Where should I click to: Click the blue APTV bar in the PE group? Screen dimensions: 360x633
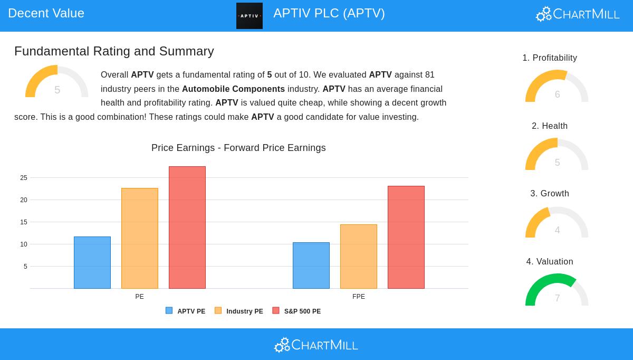click(92, 262)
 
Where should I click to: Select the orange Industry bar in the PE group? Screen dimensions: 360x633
click(140, 238)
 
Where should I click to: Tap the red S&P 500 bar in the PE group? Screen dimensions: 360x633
click(187, 228)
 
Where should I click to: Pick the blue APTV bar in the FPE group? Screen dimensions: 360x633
click(311, 266)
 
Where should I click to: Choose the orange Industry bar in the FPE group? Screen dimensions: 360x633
click(359, 257)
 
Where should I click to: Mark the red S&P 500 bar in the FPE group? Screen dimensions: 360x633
click(406, 237)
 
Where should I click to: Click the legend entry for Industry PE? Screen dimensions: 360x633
click(239, 311)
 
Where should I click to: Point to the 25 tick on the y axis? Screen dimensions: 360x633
click(24, 178)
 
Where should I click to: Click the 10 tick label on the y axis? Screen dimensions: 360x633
click(24, 244)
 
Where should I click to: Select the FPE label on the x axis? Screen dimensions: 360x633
click(359, 297)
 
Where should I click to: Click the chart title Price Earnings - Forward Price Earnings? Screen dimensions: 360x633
click(238, 148)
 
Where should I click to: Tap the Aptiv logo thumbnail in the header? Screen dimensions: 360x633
click(250, 16)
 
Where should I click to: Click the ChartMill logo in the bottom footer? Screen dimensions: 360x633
click(316, 345)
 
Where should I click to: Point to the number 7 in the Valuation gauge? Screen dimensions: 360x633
click(557, 298)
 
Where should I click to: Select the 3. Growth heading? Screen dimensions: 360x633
click(550, 194)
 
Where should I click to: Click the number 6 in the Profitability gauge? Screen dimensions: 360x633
click(557, 94)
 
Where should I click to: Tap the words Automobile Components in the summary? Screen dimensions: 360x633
click(233, 89)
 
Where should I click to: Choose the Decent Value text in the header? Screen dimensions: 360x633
click(46, 13)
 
